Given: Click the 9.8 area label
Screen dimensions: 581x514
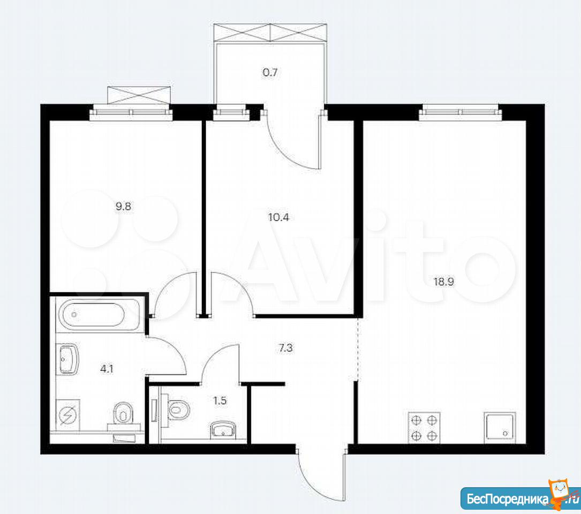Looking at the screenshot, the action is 123,207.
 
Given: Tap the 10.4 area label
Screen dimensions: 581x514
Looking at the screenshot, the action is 278,217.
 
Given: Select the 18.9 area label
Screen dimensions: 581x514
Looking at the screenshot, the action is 444,282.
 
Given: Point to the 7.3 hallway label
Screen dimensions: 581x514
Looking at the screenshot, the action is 285,348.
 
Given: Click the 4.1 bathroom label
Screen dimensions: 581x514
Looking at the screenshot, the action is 107,369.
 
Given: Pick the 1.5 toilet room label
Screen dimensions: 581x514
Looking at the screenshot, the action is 220,400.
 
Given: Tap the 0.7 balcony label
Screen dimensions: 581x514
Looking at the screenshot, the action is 270,72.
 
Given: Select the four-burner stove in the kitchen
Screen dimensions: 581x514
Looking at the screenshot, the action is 424,427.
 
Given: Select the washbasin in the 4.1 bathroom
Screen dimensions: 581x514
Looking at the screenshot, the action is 68,359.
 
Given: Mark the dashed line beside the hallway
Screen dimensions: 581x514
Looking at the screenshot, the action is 358,349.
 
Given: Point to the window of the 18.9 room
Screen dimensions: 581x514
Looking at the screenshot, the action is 459,112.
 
